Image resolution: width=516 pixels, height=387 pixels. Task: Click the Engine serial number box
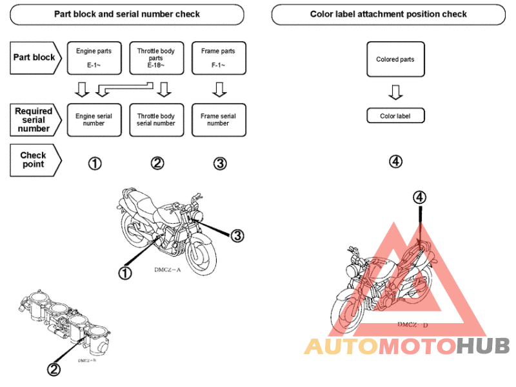[94, 120]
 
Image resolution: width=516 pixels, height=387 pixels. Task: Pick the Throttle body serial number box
[156, 120]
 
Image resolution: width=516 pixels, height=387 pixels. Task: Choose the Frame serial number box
[219, 120]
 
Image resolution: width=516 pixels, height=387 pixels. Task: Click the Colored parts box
[395, 59]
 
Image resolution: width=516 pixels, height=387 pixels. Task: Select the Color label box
[395, 116]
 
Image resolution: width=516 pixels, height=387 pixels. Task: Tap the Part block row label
[35, 57]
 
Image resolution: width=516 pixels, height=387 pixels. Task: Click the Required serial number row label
[34, 120]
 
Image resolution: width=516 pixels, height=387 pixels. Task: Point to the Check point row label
[34, 160]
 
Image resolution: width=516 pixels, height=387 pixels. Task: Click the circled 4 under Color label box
[395, 161]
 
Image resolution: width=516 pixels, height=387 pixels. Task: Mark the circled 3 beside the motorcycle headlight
[237, 236]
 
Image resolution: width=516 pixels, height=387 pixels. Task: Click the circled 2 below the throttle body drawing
[54, 369]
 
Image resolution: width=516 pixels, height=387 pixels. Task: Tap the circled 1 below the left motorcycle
[125, 273]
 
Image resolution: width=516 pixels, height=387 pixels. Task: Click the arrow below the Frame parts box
[219, 89]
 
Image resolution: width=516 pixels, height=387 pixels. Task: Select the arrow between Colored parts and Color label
[395, 93]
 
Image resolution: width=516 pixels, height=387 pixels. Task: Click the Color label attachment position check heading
[388, 14]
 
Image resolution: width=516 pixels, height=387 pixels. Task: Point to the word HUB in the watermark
[482, 346]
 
